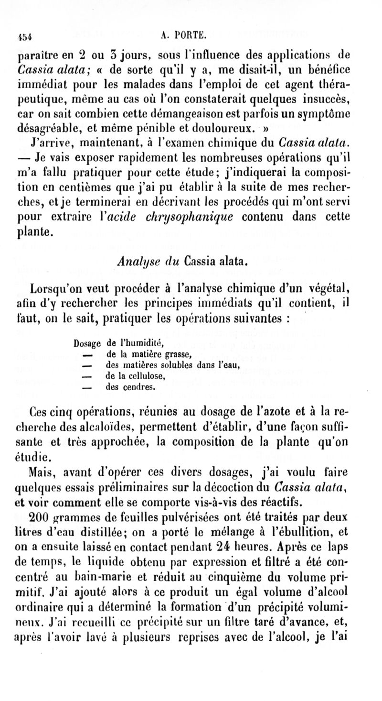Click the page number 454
pyautogui.click(x=24, y=35)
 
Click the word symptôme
pyautogui.click(x=326, y=115)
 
